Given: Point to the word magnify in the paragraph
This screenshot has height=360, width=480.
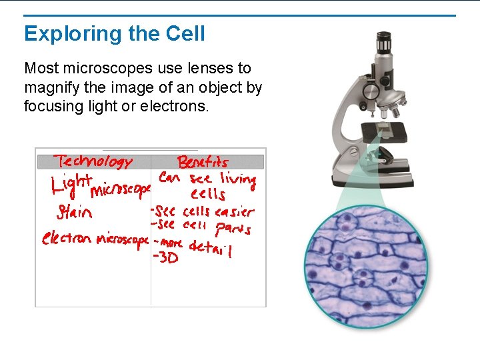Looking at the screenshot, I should (x=53, y=87).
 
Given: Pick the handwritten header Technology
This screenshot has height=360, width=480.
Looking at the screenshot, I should (x=94, y=161).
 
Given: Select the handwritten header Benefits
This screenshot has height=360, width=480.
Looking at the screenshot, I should (x=203, y=162).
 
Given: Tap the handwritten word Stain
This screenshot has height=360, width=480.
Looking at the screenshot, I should (x=74, y=213).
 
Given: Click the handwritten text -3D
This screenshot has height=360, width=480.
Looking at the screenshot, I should (x=167, y=258).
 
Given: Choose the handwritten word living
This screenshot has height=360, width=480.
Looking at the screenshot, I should (x=237, y=179).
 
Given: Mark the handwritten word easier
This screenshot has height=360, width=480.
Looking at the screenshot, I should (x=234, y=212).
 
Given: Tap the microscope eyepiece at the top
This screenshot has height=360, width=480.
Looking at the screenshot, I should (x=383, y=43).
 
